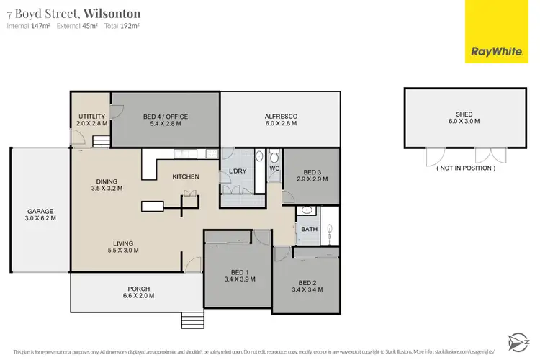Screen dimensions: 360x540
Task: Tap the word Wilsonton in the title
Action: click(112, 13)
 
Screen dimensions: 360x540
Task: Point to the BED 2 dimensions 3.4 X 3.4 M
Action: click(307, 289)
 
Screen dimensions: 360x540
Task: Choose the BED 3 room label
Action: click(311, 172)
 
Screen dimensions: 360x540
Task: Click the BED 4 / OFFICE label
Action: click(165, 117)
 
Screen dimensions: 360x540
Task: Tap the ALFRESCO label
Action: click(281, 117)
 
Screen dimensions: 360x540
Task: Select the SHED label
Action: click(464, 112)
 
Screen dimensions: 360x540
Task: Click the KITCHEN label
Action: click(185, 176)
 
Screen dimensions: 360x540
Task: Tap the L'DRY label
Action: click(238, 171)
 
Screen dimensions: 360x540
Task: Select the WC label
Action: click(274, 168)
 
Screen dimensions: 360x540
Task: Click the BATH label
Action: click(308, 229)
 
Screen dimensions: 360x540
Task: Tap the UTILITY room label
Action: click(91, 117)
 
